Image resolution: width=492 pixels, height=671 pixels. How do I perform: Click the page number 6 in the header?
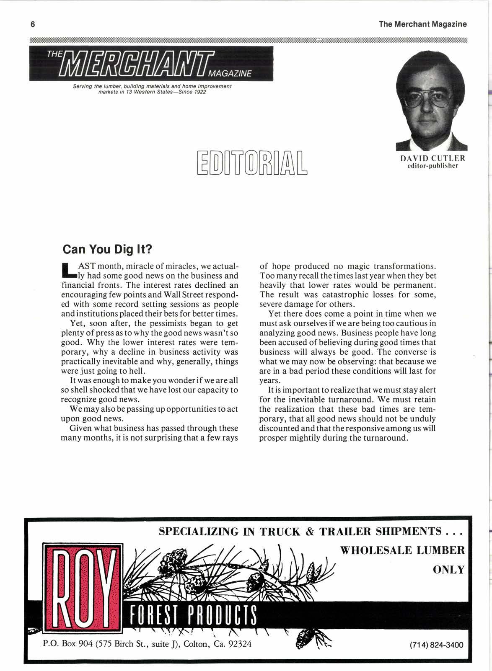(x=32, y=24)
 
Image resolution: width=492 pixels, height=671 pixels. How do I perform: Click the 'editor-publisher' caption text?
(x=432, y=165)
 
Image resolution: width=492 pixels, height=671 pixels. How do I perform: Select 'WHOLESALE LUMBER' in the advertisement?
(x=402, y=550)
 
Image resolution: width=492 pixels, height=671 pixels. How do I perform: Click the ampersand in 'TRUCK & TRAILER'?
(x=310, y=532)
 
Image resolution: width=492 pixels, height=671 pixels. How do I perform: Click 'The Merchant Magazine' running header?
(x=422, y=24)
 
